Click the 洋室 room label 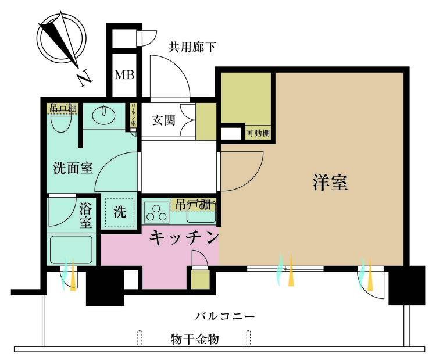click(x=330, y=183)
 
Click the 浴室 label click(x=85, y=215)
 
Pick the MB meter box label click(x=123, y=75)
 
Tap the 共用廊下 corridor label click(x=188, y=47)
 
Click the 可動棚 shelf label click(x=258, y=133)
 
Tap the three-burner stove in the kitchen click(x=156, y=213)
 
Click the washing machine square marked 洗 click(x=120, y=213)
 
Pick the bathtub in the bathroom click(x=71, y=249)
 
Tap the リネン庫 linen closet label click(x=133, y=115)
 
